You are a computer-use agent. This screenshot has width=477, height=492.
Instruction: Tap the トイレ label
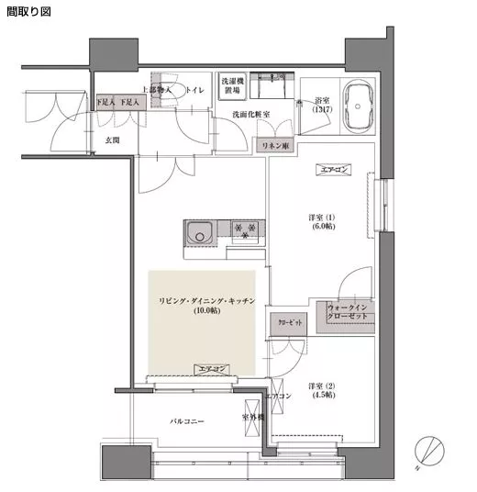194,90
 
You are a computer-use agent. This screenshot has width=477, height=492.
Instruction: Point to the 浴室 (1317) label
322,105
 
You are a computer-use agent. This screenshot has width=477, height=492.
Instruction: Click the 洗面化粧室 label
236,114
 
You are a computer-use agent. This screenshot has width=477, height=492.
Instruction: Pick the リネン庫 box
274,146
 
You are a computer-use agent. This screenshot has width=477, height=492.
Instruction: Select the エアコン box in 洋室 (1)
332,171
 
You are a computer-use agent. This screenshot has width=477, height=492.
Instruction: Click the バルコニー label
186,421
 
